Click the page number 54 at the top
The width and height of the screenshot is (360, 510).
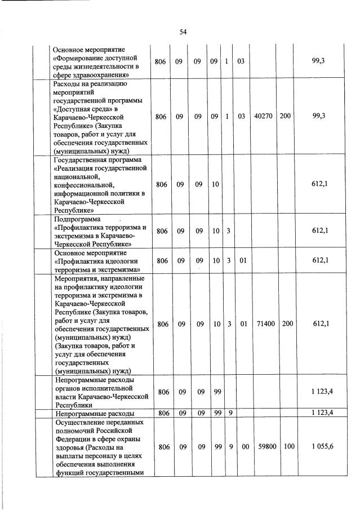[x=183, y=32]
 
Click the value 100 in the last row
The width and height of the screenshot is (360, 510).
[x=286, y=447]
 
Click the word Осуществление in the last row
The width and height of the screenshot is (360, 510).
[x=78, y=422]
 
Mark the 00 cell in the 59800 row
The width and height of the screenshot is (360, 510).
[x=241, y=447]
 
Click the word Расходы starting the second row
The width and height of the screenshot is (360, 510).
[x=68, y=84]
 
